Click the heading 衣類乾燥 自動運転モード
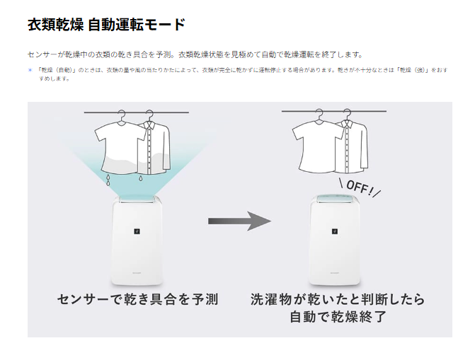pyautogui.click(x=106, y=25)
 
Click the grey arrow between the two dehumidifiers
pyautogui.click(x=239, y=221)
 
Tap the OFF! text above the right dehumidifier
pyautogui.click(x=360, y=187)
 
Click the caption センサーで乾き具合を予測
pyautogui.click(x=137, y=299)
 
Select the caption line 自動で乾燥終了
pyautogui.click(x=338, y=317)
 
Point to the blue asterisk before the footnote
pyautogui.click(x=30, y=70)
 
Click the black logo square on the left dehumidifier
pyautogui.click(x=137, y=231)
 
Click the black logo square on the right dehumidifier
pyautogui.click(x=335, y=231)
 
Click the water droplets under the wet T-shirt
pyautogui.click(x=108, y=180)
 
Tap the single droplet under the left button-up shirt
pyautogui.click(x=141, y=178)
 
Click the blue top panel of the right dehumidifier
pyautogui.click(x=335, y=198)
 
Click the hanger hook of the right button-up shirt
pyautogui.click(x=347, y=114)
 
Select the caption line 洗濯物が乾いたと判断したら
pyautogui.click(x=338, y=299)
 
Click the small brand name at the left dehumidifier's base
pyautogui.click(x=137, y=272)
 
